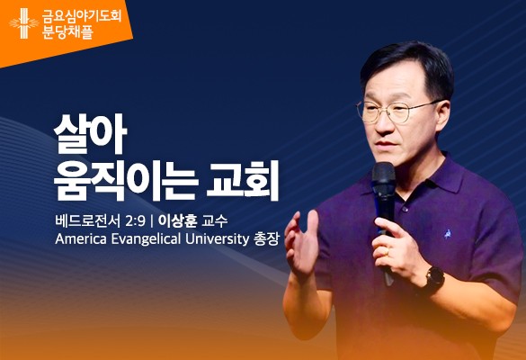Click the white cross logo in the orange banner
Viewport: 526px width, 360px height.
(23, 23)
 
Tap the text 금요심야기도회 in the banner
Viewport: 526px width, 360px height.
(82, 16)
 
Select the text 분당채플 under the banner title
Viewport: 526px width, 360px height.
(67, 32)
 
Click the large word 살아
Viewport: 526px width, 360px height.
(90, 134)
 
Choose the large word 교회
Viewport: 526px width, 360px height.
(243, 181)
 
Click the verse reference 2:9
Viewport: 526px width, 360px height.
(135, 221)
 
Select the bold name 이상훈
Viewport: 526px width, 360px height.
(177, 221)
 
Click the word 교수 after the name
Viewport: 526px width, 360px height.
(214, 221)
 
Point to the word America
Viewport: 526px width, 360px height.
(81, 239)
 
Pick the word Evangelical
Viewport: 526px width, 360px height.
(146, 239)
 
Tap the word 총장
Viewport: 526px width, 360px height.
(267, 239)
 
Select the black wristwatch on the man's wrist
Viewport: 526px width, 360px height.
(435, 282)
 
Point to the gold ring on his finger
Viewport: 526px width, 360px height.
(387, 251)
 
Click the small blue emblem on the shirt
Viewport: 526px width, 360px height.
(448, 234)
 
